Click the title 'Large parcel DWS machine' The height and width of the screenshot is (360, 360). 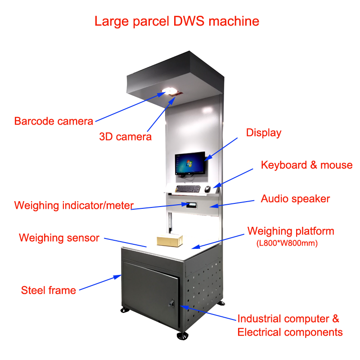(176, 21)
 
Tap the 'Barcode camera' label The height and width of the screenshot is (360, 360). (54, 121)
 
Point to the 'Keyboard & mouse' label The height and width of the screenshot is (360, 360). (306, 165)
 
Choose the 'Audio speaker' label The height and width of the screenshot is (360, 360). (295, 198)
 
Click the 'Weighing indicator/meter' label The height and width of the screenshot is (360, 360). (74, 206)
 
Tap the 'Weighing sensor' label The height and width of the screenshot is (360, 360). (59, 238)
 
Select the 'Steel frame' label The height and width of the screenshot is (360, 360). (49, 290)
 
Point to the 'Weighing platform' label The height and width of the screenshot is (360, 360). (291, 231)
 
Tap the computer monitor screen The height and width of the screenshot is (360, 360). (190, 163)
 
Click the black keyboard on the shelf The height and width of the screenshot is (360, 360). (188, 188)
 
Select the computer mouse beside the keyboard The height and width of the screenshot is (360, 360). (207, 189)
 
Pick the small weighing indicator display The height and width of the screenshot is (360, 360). (190, 205)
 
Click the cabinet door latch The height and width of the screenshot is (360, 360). (171, 304)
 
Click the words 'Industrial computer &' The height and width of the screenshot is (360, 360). (288, 319)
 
